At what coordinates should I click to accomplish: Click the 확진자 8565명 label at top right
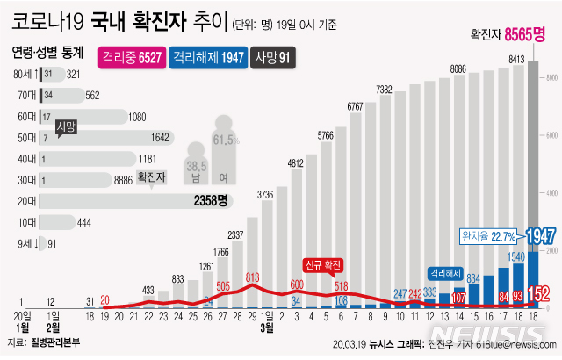point(508,35)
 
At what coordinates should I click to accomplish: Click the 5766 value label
point(326,135)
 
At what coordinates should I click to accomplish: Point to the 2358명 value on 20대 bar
point(211,200)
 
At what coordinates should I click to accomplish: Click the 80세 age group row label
point(23,75)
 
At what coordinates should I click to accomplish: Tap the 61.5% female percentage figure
point(226,140)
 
